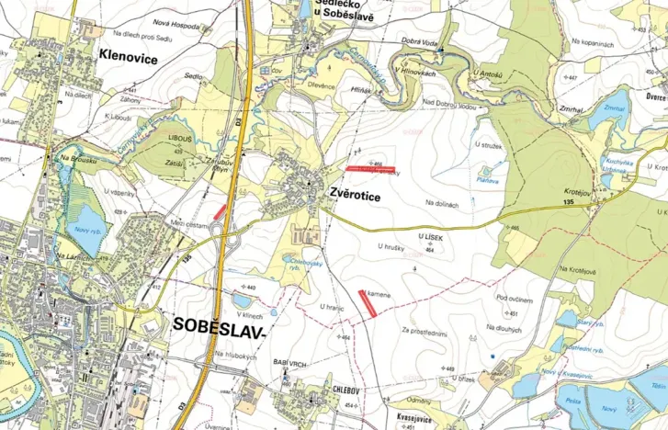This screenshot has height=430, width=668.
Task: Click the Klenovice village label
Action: coord(127,58)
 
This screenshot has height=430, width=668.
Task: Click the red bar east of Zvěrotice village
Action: coord(371,169)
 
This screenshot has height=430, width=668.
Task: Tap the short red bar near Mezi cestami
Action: coord(220,210)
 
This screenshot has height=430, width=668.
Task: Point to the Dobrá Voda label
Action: coord(421,41)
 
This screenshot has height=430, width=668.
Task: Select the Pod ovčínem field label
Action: coord(515,298)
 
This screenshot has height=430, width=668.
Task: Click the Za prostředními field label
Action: coord(424,329)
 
